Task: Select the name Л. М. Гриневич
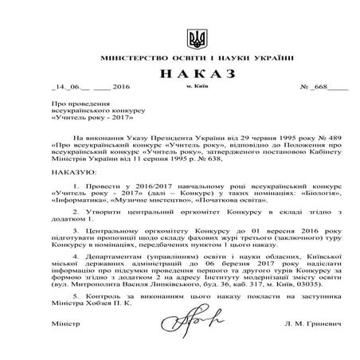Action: [x=298, y=326]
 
